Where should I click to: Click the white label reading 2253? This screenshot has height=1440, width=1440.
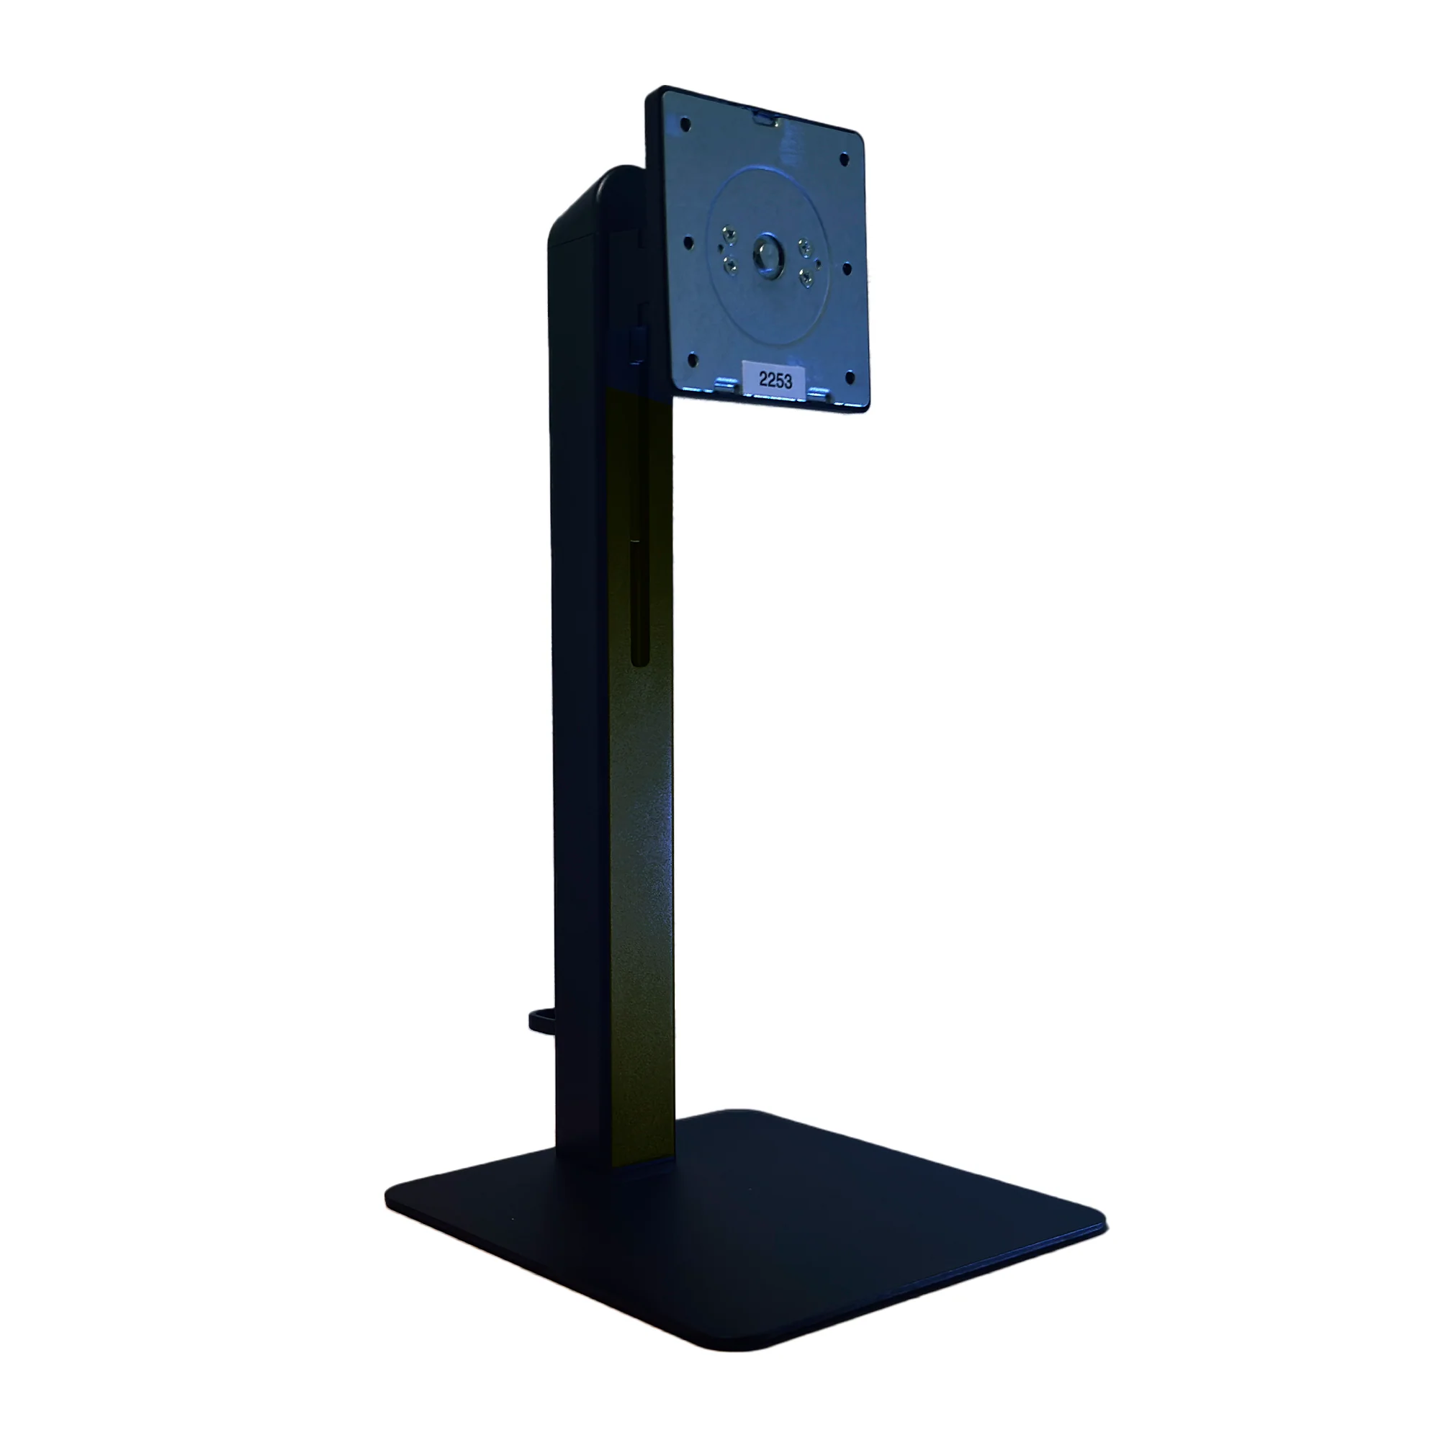775,379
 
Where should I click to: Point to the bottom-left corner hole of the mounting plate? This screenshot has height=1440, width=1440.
691,359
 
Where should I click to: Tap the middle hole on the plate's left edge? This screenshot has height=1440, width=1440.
688,242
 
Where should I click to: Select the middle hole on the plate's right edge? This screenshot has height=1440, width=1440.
847,267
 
